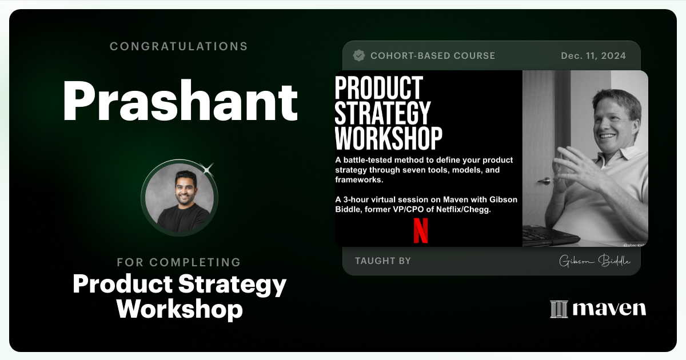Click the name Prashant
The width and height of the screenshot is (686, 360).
coord(180,101)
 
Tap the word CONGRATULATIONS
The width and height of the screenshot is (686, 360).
coord(179,46)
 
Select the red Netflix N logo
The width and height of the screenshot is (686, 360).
coord(420,230)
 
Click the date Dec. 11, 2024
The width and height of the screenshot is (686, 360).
coord(593,55)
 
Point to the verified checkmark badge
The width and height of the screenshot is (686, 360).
coord(359,55)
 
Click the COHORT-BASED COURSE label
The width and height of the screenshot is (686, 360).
coord(432,55)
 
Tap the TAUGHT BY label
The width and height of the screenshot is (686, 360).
coord(382,261)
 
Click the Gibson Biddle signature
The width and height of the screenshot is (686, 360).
coord(595,261)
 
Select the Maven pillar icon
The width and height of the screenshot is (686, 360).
coord(558,309)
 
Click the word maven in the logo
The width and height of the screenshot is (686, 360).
coord(609,309)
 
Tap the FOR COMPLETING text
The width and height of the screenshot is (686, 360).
coord(179,262)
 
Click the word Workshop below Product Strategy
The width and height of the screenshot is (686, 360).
coord(180,309)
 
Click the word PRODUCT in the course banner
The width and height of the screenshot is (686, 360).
coord(378,88)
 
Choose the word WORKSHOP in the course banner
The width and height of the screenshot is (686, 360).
coord(388,138)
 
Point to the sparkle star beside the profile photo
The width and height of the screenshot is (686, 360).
coord(208,168)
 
